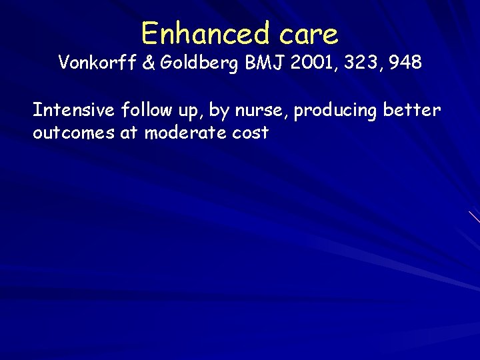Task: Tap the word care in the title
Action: (309, 33)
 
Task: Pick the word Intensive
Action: (74, 109)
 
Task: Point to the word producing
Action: (336, 111)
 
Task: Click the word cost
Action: (251, 133)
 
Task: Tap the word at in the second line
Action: (129, 133)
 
